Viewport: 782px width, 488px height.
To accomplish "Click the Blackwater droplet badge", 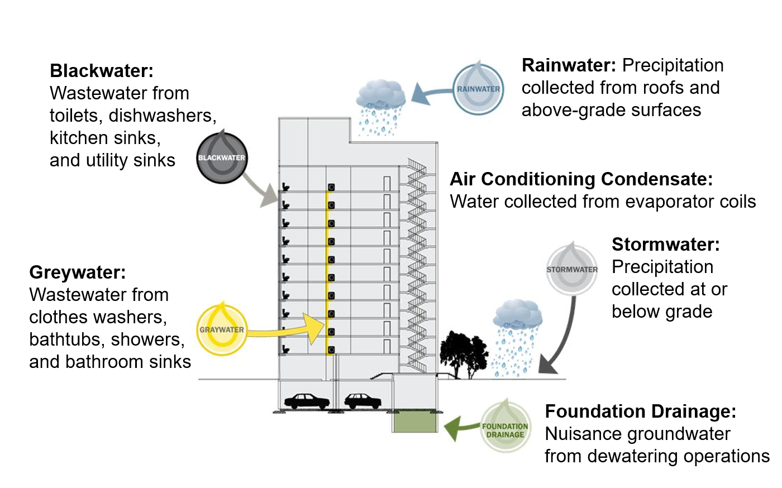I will [x=222, y=158].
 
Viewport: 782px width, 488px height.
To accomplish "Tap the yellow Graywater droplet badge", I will [x=222, y=329].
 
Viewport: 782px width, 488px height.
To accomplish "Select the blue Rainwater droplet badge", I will [x=478, y=89].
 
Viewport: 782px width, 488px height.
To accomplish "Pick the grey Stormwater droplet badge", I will [x=572, y=270].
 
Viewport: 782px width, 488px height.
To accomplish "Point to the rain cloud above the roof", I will [x=381, y=95].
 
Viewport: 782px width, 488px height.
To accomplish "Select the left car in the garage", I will [x=307, y=401].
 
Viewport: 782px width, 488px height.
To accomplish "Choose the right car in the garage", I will [x=363, y=401].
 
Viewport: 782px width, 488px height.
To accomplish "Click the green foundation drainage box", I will [x=415, y=422].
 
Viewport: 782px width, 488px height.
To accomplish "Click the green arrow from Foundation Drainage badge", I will [x=459, y=428].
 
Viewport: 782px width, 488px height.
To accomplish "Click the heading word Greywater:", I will [x=77, y=272].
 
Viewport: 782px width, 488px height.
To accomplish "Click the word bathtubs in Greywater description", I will [x=67, y=339].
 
